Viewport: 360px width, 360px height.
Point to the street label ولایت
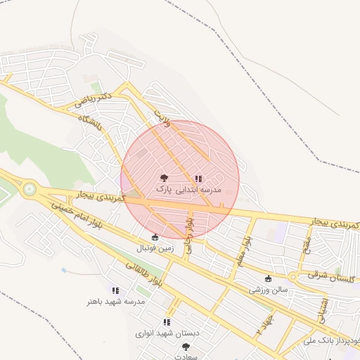tap(162, 115)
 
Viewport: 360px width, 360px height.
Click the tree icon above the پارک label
tap(164, 179)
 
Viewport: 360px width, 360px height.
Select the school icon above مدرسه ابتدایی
tap(198, 179)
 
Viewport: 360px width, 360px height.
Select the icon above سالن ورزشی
tap(268, 279)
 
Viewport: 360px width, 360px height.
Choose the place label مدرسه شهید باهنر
tap(116, 301)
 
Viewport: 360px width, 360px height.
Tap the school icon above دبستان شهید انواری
tap(167, 321)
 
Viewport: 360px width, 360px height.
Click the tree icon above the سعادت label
tap(186, 347)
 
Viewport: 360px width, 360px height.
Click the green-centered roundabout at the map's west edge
tap(30, 188)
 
